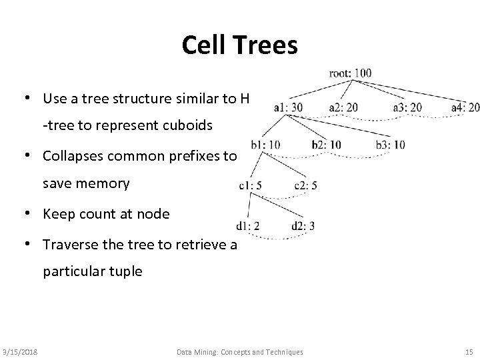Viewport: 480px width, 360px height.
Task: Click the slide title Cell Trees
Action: coord(239,45)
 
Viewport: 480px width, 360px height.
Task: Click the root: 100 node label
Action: coord(351,73)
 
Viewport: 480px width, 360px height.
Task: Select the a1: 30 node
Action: coord(288,107)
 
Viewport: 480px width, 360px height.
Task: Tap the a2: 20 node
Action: coord(343,107)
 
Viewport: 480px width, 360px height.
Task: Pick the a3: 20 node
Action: coord(407,107)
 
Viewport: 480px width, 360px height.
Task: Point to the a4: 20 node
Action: coord(465,107)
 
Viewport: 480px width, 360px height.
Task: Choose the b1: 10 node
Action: coord(265,144)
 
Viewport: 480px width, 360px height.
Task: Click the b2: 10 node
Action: coord(327,144)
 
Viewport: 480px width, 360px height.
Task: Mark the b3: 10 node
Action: coord(391,144)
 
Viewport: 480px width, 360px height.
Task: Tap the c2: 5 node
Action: coord(305,186)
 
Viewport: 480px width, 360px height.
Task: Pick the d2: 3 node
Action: coord(303,227)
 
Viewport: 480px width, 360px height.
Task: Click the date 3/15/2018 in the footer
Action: coord(20,351)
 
